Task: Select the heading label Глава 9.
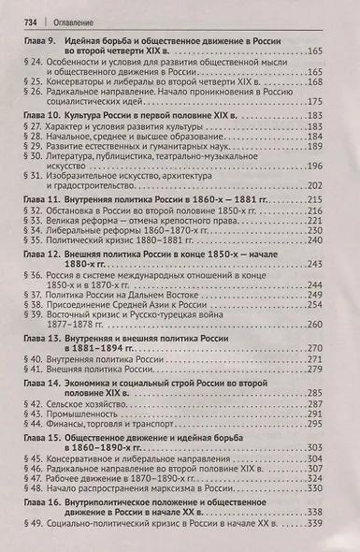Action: [39, 42]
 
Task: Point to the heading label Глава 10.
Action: [41, 113]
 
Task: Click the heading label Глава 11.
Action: [41, 200]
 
